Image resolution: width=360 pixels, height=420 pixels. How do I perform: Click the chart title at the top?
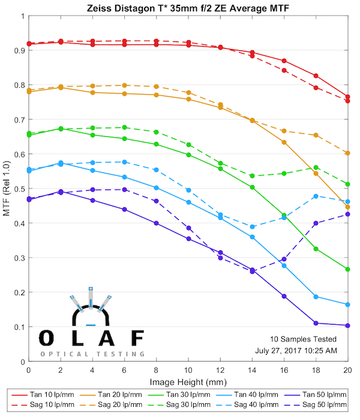point(188,7)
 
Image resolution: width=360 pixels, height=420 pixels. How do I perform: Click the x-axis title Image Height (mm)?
point(188,382)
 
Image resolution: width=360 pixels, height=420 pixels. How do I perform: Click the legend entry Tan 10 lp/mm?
point(49,395)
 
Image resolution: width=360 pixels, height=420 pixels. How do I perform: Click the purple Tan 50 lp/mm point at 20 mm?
point(348,325)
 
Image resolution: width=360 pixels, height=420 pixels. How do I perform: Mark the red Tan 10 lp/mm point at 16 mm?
point(284,61)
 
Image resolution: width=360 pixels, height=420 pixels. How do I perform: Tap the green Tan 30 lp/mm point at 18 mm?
point(316,249)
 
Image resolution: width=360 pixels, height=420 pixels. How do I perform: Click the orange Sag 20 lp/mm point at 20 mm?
point(348,153)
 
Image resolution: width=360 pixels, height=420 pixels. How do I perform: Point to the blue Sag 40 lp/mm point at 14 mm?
point(252,227)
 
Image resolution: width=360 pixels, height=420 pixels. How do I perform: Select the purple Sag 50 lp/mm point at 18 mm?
point(316,223)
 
